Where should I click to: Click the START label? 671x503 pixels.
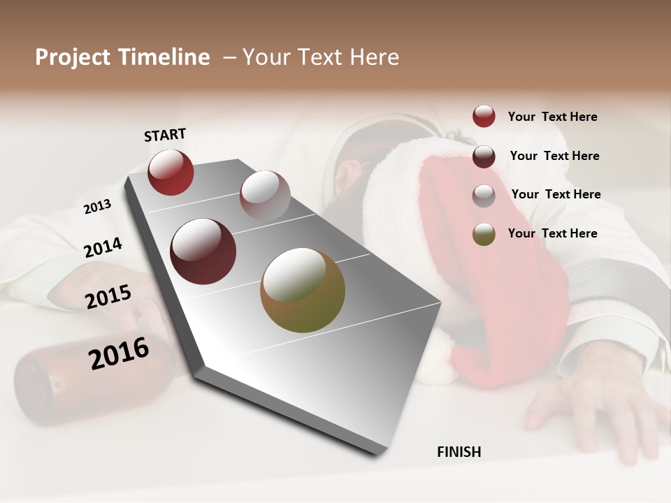[x=165, y=135]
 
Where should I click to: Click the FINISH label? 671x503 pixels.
[x=459, y=452]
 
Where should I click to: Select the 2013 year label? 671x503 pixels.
[x=97, y=207]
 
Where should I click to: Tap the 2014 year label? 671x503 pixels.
[x=103, y=248]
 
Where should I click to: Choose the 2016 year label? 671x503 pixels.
[x=119, y=353]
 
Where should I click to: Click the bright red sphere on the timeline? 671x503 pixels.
[x=171, y=172]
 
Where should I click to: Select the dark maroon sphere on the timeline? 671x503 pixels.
[x=203, y=251]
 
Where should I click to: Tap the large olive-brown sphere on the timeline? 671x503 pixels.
[x=303, y=290]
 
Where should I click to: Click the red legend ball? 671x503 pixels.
[x=484, y=117]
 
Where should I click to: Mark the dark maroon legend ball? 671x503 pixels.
[x=484, y=156]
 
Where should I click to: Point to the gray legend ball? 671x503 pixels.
[x=484, y=195]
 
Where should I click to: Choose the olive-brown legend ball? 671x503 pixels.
[x=484, y=234]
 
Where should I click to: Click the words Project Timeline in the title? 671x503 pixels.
[x=122, y=57]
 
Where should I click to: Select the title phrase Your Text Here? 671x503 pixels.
[x=321, y=57]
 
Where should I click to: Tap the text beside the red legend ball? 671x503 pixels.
[x=552, y=117]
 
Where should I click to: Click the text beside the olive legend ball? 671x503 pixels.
[x=552, y=233]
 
